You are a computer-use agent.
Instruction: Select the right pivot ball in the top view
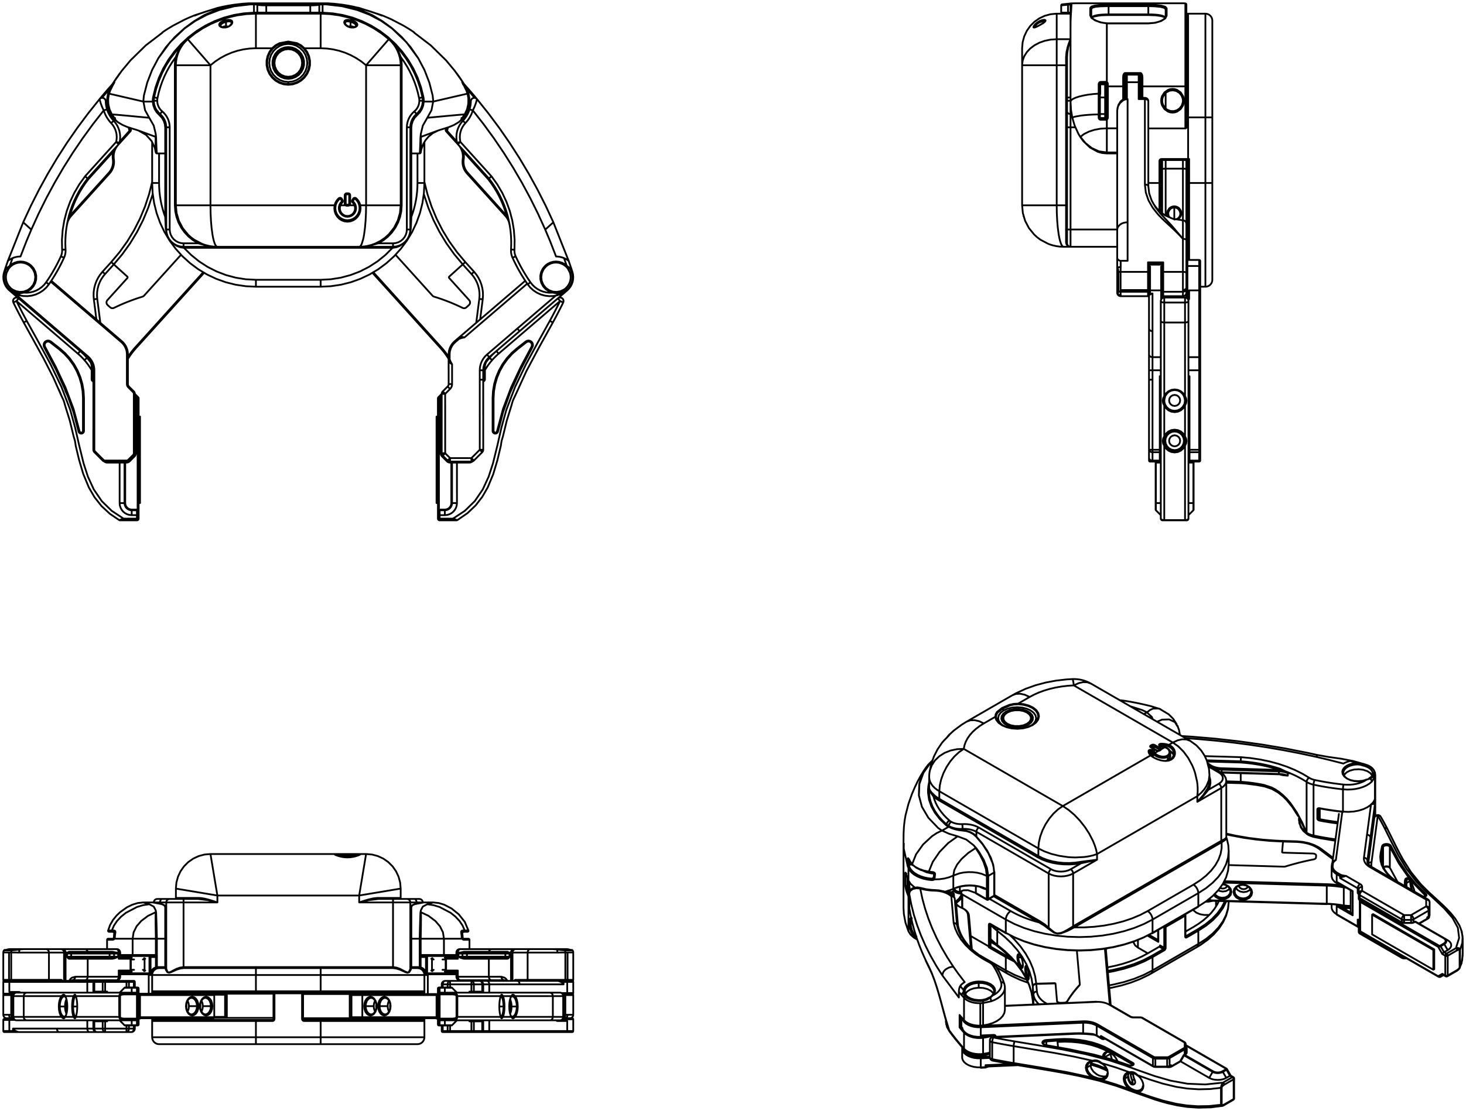point(556,276)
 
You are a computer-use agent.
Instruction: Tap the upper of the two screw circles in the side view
point(1174,400)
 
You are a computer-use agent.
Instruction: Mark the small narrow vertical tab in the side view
point(1103,101)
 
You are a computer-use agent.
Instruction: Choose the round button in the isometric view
point(1016,717)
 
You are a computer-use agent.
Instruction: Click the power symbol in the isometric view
point(1160,751)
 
